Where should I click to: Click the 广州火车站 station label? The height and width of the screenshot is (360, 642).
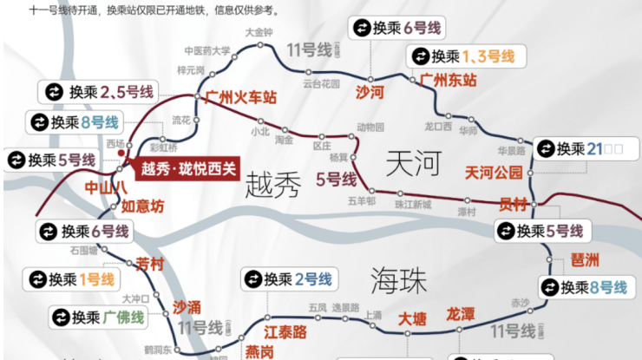(240, 97)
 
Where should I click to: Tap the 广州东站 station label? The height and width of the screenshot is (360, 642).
(448, 81)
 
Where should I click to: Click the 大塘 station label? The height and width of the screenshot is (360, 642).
(412, 319)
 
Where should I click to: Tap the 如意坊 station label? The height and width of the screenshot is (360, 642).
(141, 206)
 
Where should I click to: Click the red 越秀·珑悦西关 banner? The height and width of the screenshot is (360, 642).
(187, 169)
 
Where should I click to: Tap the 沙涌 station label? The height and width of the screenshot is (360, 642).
(187, 306)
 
